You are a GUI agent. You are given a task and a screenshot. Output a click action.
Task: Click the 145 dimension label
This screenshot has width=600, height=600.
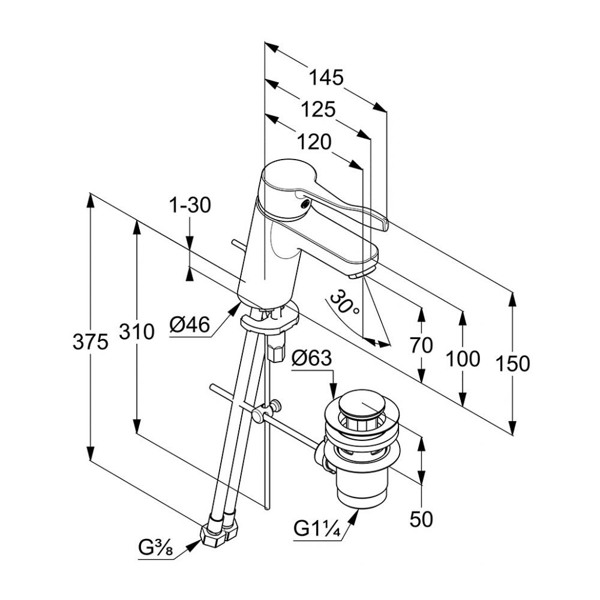click(326, 77)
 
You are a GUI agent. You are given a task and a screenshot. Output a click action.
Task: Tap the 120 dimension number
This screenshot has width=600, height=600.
click(314, 142)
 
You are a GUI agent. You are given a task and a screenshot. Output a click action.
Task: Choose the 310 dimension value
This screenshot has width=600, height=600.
click(137, 331)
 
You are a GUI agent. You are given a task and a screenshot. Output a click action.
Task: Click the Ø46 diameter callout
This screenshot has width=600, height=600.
click(189, 326)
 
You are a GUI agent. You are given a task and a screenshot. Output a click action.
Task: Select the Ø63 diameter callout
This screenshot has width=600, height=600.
click(311, 359)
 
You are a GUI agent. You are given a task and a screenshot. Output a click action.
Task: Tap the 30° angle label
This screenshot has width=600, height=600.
click(345, 303)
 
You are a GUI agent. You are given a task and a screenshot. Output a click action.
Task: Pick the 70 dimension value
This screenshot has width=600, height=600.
click(421, 345)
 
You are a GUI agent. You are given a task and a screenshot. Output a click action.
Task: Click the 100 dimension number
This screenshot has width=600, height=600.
click(463, 359)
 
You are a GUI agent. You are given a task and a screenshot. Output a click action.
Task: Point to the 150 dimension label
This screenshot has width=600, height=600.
click(513, 364)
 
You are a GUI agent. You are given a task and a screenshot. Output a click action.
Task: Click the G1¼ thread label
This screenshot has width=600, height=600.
click(317, 530)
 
